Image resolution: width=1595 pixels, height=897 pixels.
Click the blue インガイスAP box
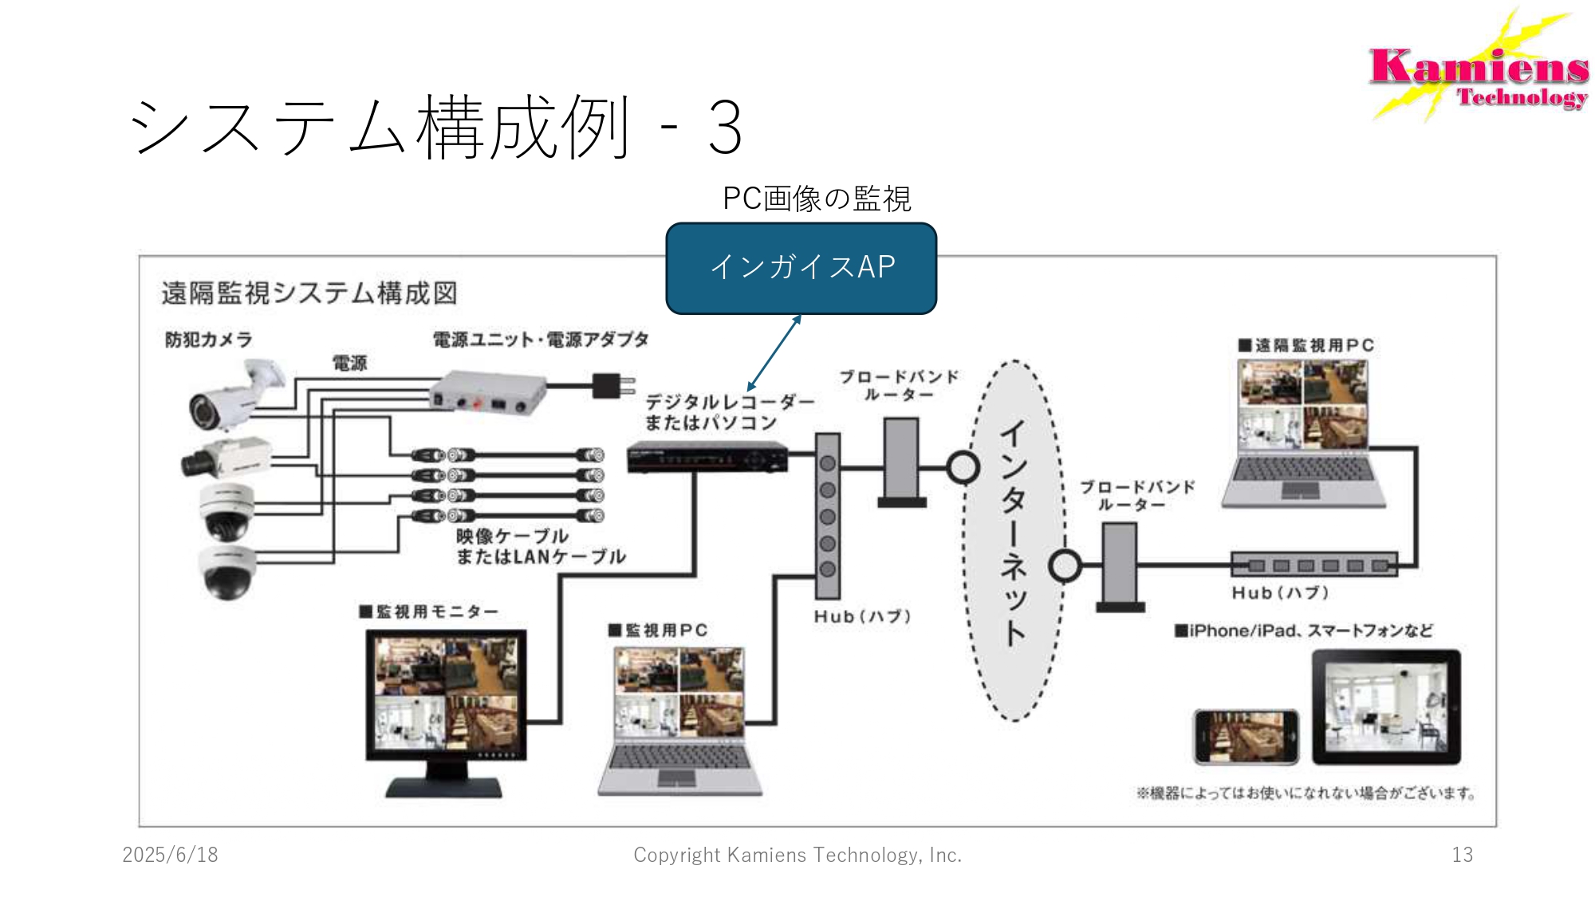(x=801, y=268)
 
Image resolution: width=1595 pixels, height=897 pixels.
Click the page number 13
(x=1462, y=855)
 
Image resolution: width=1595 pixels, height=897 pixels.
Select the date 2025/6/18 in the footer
(x=170, y=855)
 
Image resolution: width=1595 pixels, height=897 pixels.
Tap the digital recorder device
(x=707, y=458)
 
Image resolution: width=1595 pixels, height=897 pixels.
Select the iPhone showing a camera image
(x=1246, y=737)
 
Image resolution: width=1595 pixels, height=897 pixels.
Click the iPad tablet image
(x=1386, y=707)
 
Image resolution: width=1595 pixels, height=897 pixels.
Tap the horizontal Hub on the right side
(x=1313, y=565)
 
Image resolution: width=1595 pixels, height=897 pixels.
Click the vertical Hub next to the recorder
(x=827, y=516)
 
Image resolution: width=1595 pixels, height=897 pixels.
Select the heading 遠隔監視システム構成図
(x=309, y=293)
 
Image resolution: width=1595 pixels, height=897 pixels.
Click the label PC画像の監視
(x=816, y=199)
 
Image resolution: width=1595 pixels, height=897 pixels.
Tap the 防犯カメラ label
(x=208, y=340)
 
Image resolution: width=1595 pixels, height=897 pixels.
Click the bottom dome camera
(x=227, y=572)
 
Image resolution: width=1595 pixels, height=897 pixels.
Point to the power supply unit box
(x=487, y=392)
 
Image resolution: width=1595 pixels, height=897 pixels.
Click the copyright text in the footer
(x=797, y=855)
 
